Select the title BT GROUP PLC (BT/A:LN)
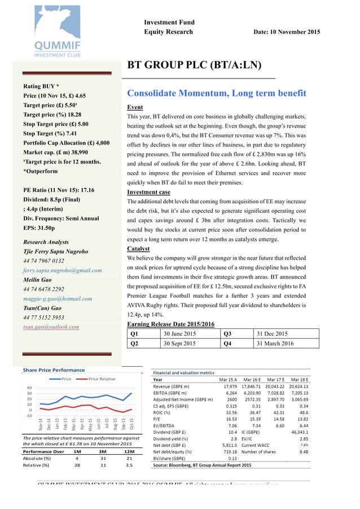click(x=194, y=65)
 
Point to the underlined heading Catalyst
click(x=138, y=248)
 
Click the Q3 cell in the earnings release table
click(x=228, y=333)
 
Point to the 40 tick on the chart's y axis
click(x=29, y=388)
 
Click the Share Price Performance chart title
click(x=54, y=370)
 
